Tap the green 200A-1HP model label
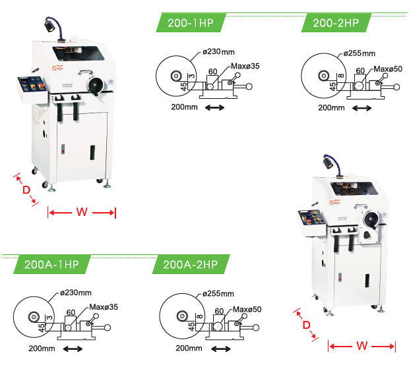coord(51,265)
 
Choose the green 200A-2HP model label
coord(190,265)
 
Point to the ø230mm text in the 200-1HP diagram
coord(218,51)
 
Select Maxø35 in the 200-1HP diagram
coord(246,66)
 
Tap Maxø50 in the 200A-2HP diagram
coord(248,309)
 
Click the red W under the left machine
coord(82,212)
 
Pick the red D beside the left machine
coord(26,190)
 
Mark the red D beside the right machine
coord(306,325)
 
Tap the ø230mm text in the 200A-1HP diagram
coord(75,293)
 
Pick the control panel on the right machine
coord(309,220)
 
